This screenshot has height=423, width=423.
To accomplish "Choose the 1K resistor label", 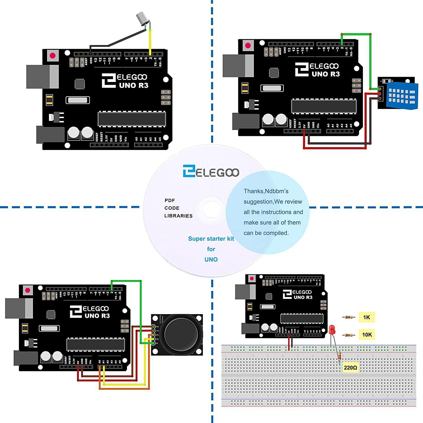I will [367, 318].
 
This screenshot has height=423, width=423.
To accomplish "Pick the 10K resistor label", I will [367, 335].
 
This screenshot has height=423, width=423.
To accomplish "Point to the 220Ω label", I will [350, 368].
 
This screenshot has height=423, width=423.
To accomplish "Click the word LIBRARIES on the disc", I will [178, 216].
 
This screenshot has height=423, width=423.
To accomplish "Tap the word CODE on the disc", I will [172, 208].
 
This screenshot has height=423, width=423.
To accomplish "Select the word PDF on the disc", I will [170, 201].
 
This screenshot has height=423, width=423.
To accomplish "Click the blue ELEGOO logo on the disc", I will [211, 172].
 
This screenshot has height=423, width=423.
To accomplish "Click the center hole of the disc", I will [211, 209].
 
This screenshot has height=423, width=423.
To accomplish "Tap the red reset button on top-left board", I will [53, 56].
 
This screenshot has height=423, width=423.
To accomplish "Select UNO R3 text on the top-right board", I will [325, 74].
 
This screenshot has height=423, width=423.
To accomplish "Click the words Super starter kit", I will [211, 239].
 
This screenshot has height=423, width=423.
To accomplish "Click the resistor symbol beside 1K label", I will [349, 317].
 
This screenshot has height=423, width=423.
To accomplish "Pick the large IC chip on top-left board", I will [131, 119].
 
